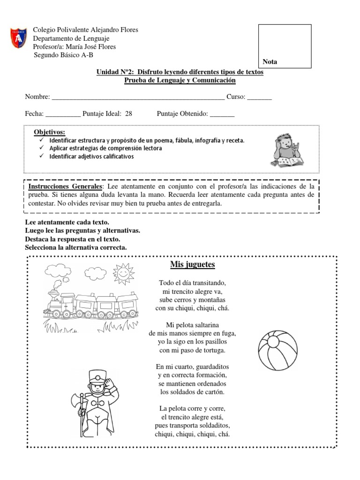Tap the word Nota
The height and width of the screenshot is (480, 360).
tap(270, 62)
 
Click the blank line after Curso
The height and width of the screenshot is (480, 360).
tap(259, 97)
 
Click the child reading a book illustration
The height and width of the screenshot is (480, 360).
tap(285, 150)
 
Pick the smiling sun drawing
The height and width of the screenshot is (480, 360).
tap(123, 274)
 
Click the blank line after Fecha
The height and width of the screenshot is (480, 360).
tap(63, 114)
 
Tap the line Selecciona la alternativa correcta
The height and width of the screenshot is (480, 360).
tap(75, 247)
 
